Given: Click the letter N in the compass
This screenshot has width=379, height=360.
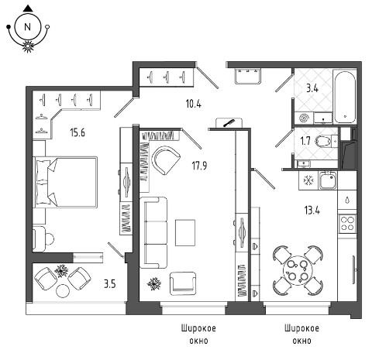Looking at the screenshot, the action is tap(27, 27).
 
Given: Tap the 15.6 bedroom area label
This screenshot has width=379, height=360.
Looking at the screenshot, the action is tap(78, 132).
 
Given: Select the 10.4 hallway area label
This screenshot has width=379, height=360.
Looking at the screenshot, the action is tap(193, 104).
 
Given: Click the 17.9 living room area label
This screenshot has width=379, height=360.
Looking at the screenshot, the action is tap(199, 166).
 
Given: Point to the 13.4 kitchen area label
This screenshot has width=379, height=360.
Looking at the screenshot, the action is tap(312, 211).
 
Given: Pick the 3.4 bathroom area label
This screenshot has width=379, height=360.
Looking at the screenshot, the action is tap(312, 88).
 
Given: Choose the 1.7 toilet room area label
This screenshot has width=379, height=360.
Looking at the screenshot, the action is tap(305, 141).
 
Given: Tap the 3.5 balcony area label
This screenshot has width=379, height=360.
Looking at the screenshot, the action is tap(109, 284).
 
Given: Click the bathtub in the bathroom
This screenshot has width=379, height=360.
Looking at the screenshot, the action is tap(345, 97).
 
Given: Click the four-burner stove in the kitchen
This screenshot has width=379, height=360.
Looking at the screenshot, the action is tap(347, 224).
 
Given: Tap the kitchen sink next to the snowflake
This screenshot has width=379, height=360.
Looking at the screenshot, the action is tap(328, 180).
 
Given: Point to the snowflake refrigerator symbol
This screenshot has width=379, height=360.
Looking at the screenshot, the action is tap(308, 180).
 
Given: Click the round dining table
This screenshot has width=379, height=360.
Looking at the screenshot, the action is tap(298, 270).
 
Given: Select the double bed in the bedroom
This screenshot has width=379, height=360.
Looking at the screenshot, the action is tap(65, 182).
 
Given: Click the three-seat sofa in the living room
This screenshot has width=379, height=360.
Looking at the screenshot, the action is tap(153, 232).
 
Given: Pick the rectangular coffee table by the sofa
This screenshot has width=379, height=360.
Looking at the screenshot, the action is tap(185, 232).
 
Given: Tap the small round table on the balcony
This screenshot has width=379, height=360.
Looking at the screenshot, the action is tap(63, 290).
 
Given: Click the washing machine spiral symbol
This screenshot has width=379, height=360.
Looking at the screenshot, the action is tap(304, 118).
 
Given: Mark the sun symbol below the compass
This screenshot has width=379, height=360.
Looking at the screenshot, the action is tap(28, 46).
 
